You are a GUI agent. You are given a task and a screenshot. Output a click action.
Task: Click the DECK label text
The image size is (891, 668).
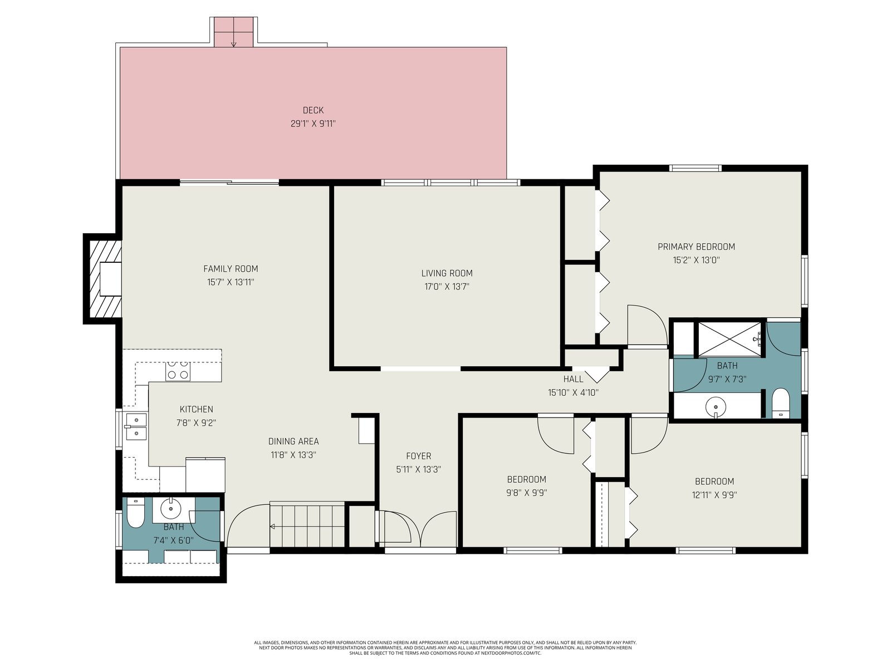pos(313,110)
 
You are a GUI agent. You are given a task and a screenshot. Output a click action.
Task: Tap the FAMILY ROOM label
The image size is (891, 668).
pos(231,268)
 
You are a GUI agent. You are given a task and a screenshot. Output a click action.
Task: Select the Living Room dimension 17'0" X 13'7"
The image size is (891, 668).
pos(447,287)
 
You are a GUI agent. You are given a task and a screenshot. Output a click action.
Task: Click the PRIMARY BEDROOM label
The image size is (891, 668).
pos(696,247)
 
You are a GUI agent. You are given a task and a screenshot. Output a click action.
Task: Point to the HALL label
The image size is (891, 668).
pos(573,379)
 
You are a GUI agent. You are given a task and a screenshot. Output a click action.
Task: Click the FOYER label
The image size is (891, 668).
pos(419,456)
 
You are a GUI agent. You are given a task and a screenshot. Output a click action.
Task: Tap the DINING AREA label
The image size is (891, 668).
pos(293,441)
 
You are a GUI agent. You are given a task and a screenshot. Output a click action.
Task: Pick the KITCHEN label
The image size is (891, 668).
pos(197,409)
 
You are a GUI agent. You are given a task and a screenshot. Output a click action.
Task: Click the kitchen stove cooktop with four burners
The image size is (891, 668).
pos(178,371)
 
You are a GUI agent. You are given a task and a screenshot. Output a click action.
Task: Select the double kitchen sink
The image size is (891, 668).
pos(136,426)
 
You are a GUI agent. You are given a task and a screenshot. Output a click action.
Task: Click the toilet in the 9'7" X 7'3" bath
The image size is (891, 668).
pos(780,403)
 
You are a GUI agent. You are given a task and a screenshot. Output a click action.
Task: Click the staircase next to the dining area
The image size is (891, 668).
pos(307,525)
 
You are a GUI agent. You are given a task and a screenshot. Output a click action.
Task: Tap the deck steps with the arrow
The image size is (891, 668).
pos(233,32)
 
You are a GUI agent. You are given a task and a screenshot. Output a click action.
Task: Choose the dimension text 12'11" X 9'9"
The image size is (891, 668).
pos(714,495)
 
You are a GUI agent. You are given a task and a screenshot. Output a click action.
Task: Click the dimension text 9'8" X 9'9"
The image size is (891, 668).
pos(526,493)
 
